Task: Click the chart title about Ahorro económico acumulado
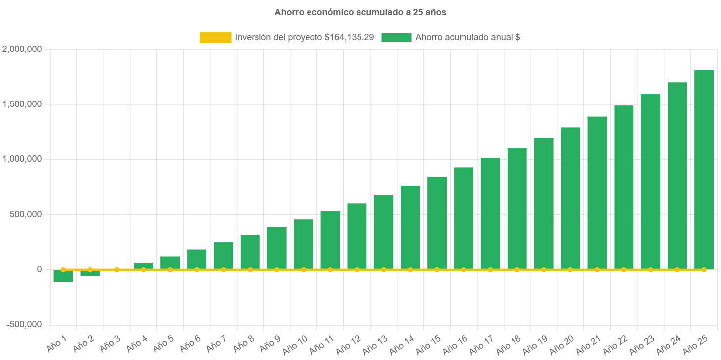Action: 360,12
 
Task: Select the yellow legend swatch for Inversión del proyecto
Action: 215,37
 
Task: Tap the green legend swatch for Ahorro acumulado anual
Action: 396,37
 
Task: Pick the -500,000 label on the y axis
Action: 24,324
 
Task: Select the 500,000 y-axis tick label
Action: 25,214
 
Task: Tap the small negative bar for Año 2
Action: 90,273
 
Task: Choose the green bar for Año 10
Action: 304,244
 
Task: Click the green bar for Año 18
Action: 517,208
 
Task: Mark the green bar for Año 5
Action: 170,262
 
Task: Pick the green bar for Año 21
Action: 597,193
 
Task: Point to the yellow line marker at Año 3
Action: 117,270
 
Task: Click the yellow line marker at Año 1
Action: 63,270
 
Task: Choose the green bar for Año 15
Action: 437,223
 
